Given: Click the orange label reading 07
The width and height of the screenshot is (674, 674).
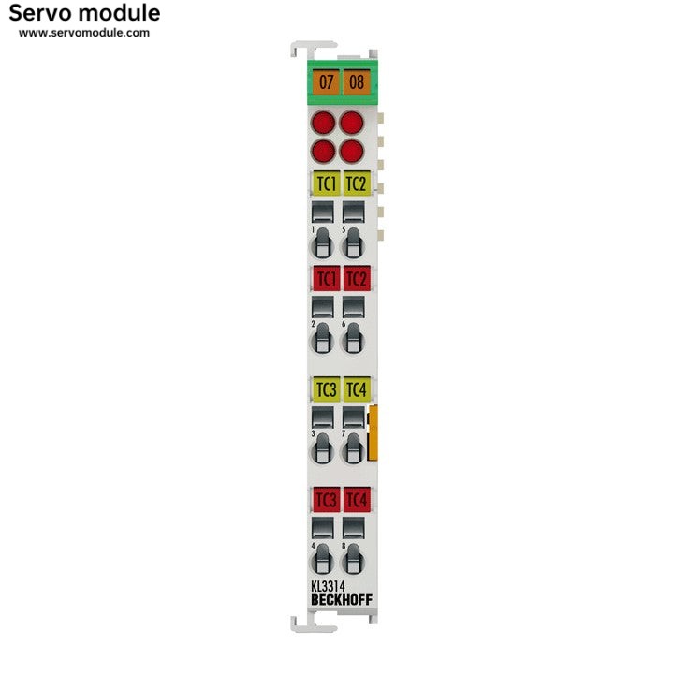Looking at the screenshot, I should (x=326, y=81).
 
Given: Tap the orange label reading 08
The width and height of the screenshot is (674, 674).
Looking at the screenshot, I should (x=357, y=81).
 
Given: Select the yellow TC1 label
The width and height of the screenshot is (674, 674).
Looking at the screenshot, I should (x=325, y=183).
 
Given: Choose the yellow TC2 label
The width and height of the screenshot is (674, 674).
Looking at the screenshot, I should (x=356, y=183).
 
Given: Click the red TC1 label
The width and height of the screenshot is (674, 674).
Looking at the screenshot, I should (x=325, y=278).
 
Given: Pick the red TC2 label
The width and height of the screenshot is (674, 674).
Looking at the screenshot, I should (x=356, y=278).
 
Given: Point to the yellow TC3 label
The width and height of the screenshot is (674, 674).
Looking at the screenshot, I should (x=325, y=388).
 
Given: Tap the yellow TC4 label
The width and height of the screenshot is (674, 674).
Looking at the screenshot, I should (x=356, y=388).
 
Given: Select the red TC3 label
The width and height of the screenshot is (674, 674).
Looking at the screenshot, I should (x=325, y=499).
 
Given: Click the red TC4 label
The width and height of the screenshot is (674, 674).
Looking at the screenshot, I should (x=356, y=499).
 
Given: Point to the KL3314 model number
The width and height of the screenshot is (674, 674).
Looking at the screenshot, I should (x=327, y=586).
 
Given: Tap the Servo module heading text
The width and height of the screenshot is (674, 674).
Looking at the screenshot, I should (x=89, y=13).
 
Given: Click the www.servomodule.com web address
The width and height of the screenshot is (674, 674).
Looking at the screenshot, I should (x=84, y=33).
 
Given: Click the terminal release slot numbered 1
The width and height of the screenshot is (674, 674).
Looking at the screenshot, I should (x=322, y=242).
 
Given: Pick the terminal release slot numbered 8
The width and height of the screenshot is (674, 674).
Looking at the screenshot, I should (x=353, y=559).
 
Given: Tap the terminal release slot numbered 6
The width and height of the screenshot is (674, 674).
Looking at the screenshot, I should (x=353, y=338).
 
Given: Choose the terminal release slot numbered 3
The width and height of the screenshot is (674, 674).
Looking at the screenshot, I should (x=322, y=448).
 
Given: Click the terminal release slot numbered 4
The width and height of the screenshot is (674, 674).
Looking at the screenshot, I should (x=322, y=559).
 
